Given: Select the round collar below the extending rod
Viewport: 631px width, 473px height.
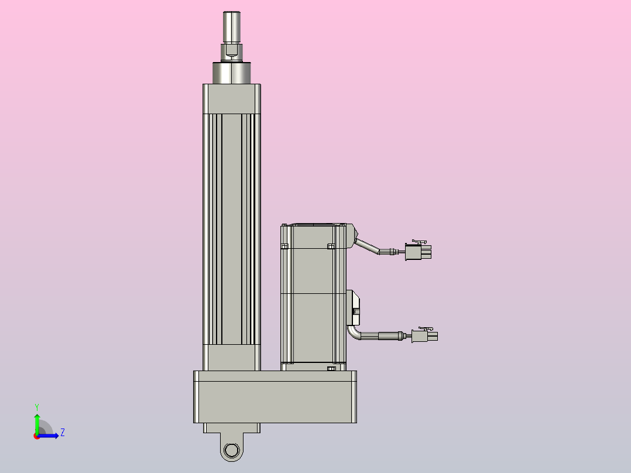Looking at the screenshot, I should pyautogui.click(x=232, y=73).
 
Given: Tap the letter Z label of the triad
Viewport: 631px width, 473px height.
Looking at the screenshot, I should pyautogui.click(x=62, y=433).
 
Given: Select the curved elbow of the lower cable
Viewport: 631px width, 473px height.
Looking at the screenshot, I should pyautogui.click(x=354, y=333).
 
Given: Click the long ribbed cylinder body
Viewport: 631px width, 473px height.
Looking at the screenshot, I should pyautogui.click(x=232, y=228).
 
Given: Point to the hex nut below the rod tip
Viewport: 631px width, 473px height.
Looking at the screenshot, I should pyautogui.click(x=232, y=52).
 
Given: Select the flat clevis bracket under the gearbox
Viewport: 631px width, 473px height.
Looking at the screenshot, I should pyautogui.click(x=232, y=428).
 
